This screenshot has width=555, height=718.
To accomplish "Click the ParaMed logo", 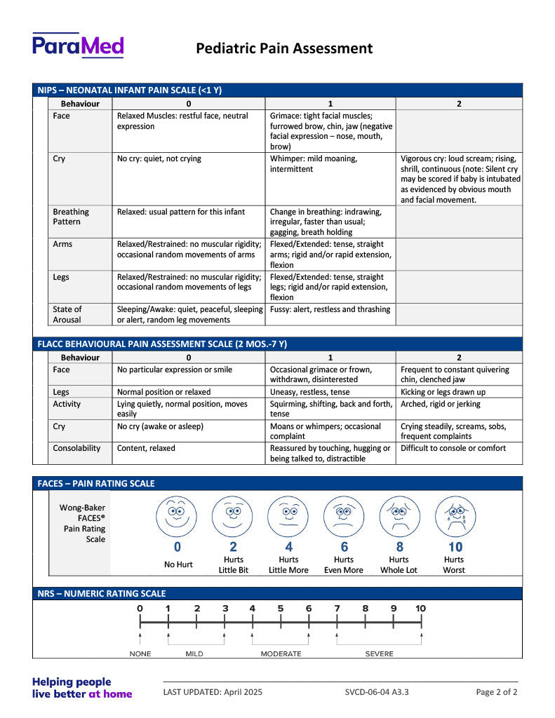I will click(77, 46).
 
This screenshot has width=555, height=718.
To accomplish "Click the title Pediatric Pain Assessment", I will click(284, 48).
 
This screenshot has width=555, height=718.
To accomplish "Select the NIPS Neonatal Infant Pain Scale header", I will click(130, 90).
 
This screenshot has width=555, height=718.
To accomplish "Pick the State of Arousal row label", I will click(67, 314).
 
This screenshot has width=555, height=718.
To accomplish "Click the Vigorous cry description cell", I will click(460, 179).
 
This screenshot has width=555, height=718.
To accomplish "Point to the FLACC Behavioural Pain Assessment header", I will click(162, 344).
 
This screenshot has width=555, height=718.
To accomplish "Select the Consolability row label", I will click(76, 448).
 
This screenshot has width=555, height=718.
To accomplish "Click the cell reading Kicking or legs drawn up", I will click(443, 392).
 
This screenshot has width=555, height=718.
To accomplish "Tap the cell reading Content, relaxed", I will click(146, 448).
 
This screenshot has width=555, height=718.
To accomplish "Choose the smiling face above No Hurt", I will click(177, 517).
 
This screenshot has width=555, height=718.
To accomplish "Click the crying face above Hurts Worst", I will click(454, 517).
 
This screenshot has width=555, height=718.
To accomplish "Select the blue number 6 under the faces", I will click(344, 547).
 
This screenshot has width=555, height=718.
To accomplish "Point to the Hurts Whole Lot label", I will click(399, 564).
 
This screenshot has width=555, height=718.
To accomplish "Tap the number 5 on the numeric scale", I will click(281, 609).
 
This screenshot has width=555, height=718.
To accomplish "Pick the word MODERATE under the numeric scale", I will click(281, 654).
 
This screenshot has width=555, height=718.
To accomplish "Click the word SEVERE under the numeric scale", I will click(379, 654).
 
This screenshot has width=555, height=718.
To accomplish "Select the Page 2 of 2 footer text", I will click(497, 692).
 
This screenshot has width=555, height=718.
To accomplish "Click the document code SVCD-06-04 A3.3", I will click(377, 692).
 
